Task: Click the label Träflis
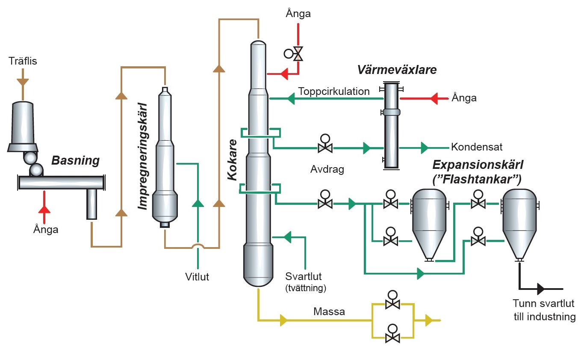point(23,61)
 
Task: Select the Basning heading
point(75,161)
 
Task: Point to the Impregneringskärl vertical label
point(143,156)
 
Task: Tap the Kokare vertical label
point(233,160)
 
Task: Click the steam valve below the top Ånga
point(298,54)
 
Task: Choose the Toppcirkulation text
point(333,91)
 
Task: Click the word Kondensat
point(476,147)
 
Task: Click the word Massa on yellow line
point(329,311)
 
